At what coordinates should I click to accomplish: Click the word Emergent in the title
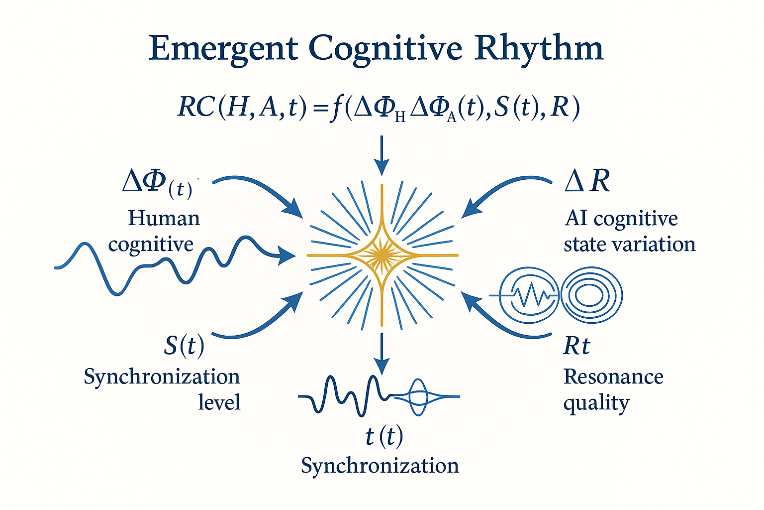click(x=223, y=48)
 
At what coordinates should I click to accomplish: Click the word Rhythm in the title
click(x=539, y=48)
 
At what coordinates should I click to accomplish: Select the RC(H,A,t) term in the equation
click(x=242, y=108)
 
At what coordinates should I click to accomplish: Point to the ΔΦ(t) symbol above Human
click(x=157, y=184)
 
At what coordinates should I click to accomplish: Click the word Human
click(x=164, y=218)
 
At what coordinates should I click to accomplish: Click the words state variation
click(x=630, y=245)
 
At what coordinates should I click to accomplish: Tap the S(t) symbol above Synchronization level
click(x=184, y=346)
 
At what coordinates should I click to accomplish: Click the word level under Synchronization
click(x=219, y=402)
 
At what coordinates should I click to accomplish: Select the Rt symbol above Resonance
click(x=576, y=346)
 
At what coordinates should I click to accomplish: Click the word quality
click(x=596, y=403)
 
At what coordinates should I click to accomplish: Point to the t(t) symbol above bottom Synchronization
click(x=384, y=436)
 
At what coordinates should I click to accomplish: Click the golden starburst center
click(x=382, y=255)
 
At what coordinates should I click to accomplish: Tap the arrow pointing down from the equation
click(x=382, y=156)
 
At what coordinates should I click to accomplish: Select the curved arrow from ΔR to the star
click(x=501, y=190)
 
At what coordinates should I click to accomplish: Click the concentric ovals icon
click(x=592, y=295)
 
